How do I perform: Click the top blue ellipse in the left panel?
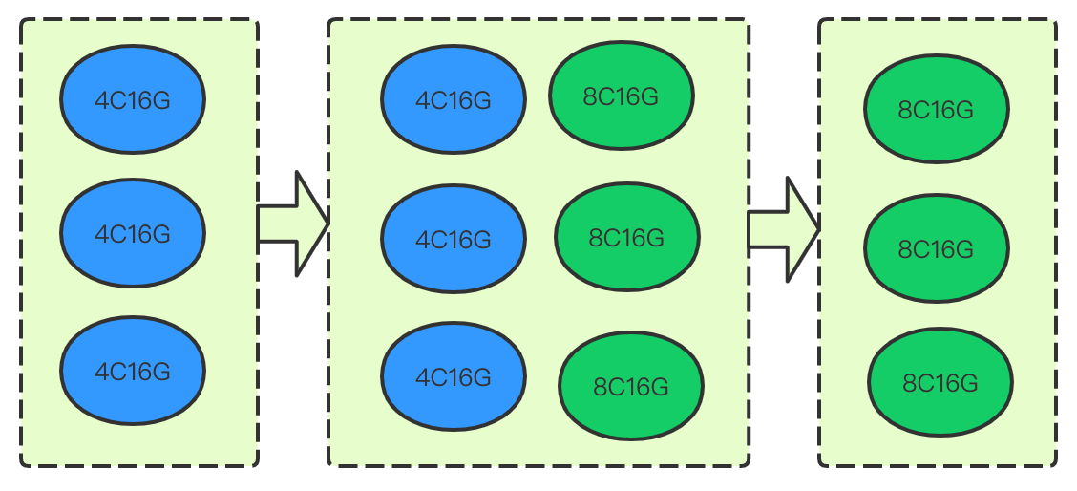pyautogui.click(x=133, y=99)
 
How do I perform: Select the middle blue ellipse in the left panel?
pyautogui.click(x=133, y=232)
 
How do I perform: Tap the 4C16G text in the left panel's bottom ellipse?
pyautogui.click(x=133, y=371)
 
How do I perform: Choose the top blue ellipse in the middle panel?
pyautogui.click(x=454, y=99)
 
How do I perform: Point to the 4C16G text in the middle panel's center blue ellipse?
pyautogui.click(x=454, y=239)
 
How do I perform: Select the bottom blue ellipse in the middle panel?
pyautogui.click(x=454, y=377)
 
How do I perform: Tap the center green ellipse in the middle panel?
pyautogui.click(x=627, y=237)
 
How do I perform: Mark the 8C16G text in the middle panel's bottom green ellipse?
pyautogui.click(x=631, y=387)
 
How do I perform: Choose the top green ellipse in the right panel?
pyautogui.click(x=937, y=109)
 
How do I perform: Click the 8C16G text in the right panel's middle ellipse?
pyautogui.click(x=937, y=249)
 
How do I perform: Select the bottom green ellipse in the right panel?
pyautogui.click(x=940, y=383)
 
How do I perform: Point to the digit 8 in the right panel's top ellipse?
pyautogui.click(x=905, y=110)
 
